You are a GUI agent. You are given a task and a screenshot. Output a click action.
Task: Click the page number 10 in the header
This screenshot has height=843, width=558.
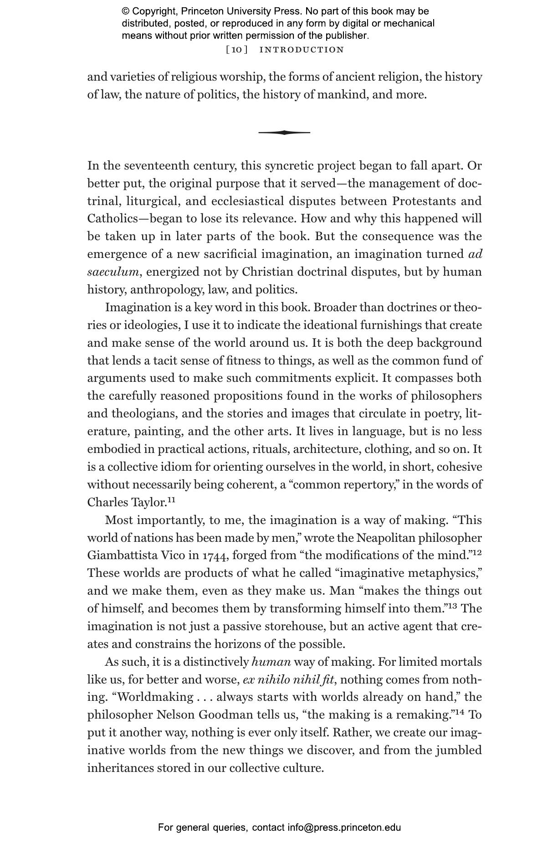237,50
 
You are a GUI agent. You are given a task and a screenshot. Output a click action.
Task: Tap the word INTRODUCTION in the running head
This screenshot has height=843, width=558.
302,50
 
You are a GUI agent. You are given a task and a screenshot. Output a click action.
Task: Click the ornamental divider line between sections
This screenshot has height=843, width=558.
284,133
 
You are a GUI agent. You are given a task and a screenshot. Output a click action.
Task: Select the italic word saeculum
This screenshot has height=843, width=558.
113,272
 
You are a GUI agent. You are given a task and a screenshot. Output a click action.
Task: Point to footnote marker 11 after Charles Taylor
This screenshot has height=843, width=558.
171,500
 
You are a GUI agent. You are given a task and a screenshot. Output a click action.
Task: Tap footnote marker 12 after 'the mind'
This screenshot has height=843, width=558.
477,553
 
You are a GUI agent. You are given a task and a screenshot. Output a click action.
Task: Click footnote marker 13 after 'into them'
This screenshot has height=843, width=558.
451,607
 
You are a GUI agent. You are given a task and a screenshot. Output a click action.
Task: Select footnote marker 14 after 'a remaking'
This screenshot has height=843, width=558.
459,713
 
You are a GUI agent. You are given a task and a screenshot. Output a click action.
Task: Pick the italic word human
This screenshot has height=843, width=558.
271,662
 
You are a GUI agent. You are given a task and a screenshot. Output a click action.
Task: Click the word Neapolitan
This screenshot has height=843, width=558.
385,538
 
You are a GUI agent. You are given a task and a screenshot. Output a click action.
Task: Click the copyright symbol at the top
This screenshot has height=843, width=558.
125,11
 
